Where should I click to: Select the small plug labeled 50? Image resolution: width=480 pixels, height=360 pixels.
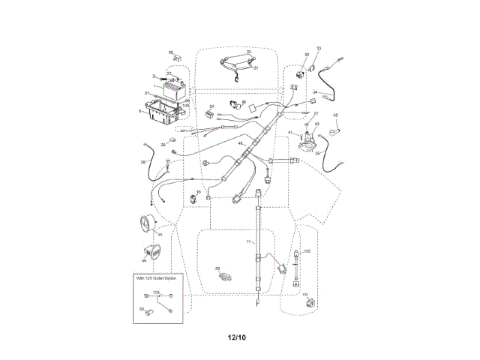[150, 308]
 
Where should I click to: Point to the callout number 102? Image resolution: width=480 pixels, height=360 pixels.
[307, 250]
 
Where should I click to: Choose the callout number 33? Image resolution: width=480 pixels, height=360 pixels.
[318, 49]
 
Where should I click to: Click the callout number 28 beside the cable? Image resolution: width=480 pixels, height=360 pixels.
[142, 161]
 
